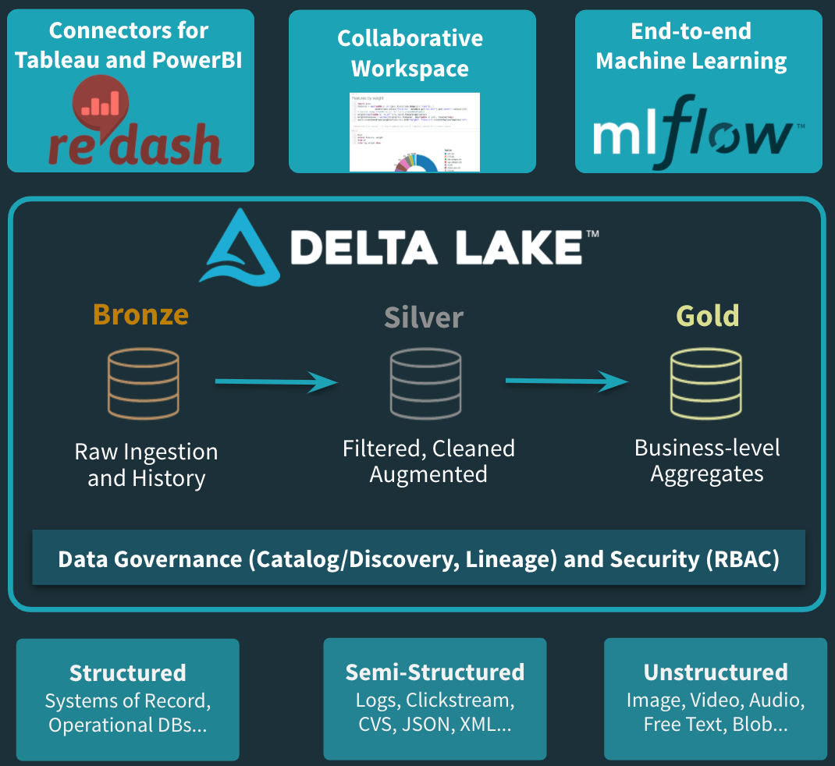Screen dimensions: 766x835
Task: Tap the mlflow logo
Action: click(693, 133)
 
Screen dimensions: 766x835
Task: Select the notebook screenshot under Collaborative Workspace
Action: click(414, 132)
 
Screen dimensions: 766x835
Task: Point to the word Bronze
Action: click(140, 314)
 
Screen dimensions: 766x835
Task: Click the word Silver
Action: click(424, 317)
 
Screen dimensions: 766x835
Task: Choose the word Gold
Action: click(708, 316)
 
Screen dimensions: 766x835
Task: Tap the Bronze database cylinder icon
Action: click(143, 385)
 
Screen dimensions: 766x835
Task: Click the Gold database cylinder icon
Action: click(705, 384)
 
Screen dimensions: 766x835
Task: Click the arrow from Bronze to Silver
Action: click(276, 381)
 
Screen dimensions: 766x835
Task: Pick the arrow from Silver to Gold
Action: click(567, 381)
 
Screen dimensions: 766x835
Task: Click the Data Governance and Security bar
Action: click(418, 559)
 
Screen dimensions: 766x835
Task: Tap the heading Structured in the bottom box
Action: click(128, 672)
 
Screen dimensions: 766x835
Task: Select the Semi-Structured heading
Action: click(435, 672)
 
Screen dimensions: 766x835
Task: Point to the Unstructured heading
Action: click(716, 672)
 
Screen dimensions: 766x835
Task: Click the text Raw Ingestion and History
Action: click(146, 465)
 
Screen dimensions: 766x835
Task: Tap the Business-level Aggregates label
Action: click(707, 460)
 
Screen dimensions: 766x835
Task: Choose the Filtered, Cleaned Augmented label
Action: click(428, 461)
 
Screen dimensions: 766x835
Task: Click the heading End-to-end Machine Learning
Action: click(691, 46)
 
